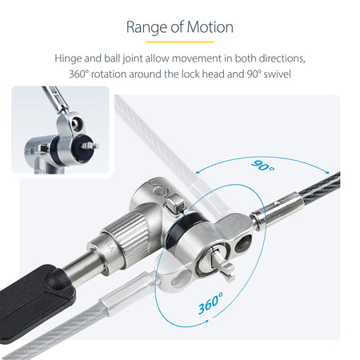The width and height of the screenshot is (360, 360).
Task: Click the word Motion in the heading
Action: pyautogui.click(x=210, y=27)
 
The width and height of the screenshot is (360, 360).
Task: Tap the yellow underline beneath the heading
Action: pyautogui.click(x=180, y=42)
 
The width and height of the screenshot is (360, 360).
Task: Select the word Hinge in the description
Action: pyautogui.click(x=68, y=58)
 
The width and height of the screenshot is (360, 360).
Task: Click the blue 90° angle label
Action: pyautogui.click(x=262, y=166)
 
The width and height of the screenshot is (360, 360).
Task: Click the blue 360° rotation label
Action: pyautogui.click(x=210, y=303)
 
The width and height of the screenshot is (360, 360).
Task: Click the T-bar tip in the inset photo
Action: pyautogui.click(x=90, y=146)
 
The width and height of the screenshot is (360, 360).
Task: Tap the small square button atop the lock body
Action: pyautogui.click(x=175, y=204)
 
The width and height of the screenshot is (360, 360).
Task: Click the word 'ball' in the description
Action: pyautogui.click(x=112, y=58)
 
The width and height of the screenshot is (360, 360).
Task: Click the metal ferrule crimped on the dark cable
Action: pyautogui.click(x=278, y=210)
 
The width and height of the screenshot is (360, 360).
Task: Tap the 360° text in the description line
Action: pyautogui.click(x=78, y=74)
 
